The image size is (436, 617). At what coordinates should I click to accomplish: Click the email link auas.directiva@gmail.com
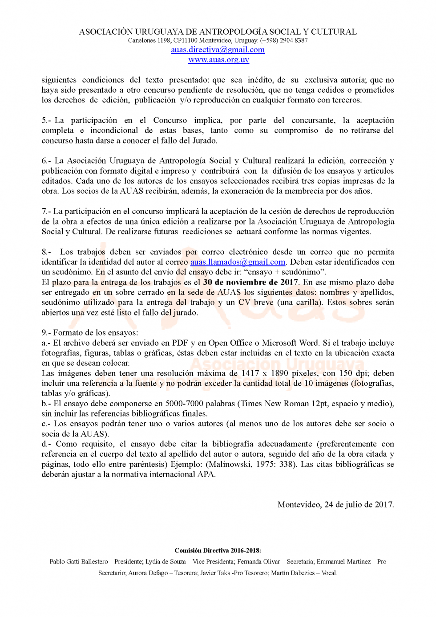(x=218, y=50)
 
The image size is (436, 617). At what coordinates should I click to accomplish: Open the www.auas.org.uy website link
(x=218, y=60)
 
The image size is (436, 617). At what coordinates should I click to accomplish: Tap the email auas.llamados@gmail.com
(x=238, y=262)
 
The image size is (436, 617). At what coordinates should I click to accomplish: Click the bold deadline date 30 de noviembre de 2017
(x=250, y=282)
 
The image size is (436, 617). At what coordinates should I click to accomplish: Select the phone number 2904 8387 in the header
(x=294, y=41)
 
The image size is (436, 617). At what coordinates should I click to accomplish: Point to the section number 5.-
(x=46, y=120)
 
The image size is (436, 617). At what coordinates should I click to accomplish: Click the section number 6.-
(x=46, y=161)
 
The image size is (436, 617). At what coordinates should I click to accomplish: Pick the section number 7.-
(x=46, y=211)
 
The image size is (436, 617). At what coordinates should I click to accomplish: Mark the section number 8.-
(x=46, y=252)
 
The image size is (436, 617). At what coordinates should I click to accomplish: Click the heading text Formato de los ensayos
(x=95, y=333)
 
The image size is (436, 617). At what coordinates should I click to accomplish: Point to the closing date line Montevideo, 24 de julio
(x=335, y=505)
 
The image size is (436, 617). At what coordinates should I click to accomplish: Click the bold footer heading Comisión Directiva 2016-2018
(x=218, y=551)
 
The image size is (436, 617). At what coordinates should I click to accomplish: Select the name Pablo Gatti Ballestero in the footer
(x=79, y=562)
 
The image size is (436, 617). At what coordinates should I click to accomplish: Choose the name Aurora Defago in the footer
(x=148, y=573)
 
